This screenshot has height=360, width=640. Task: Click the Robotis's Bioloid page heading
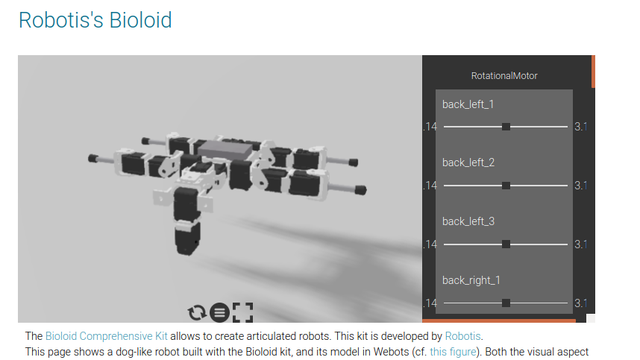click(x=95, y=20)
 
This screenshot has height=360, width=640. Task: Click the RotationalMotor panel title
click(x=504, y=76)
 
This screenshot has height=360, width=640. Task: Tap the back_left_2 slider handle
click(x=506, y=186)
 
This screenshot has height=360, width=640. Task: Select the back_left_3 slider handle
click(x=506, y=244)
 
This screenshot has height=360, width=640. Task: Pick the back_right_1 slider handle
click(x=506, y=303)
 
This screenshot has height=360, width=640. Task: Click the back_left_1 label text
click(x=468, y=104)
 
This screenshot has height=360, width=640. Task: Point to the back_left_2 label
click(x=468, y=162)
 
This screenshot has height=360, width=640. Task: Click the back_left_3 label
click(x=468, y=221)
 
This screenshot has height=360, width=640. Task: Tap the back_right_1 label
click(x=471, y=280)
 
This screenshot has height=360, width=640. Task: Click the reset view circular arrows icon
click(x=198, y=312)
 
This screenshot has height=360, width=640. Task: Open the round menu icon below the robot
click(x=219, y=312)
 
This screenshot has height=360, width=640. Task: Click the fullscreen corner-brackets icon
click(x=243, y=312)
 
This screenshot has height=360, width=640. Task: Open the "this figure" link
click(x=452, y=352)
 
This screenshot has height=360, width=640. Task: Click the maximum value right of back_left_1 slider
click(x=580, y=127)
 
